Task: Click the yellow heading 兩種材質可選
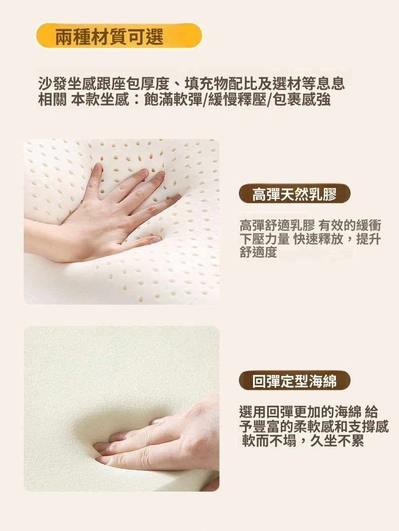point(109,36)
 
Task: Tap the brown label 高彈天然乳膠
point(294,194)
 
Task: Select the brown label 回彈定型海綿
point(294,381)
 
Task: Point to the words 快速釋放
point(318,239)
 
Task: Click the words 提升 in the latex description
point(369,239)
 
